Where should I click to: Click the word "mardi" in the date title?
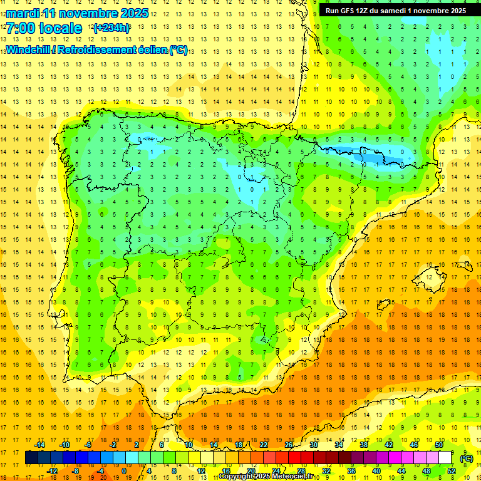pyautogui.click(x=22, y=13)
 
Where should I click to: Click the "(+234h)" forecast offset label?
pyautogui.click(x=111, y=28)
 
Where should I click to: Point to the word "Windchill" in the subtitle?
pyautogui.click(x=29, y=50)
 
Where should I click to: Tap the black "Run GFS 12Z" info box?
pyautogui.click(x=395, y=11)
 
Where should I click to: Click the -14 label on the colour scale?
pyautogui.click(x=41, y=445)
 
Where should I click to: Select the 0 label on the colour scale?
pyautogui.click(x=124, y=471)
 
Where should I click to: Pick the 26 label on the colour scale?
pyautogui.click(x=289, y=445)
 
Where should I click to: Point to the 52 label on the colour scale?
pyautogui.click(x=452, y=471)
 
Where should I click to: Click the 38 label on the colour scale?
pyautogui.click(x=363, y=445)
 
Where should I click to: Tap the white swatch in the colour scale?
pyautogui.click(x=445, y=458)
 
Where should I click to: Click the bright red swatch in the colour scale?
pyautogui.click(x=294, y=458)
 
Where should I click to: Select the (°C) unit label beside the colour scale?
pyautogui.click(x=467, y=458)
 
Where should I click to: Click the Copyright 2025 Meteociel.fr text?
pyautogui.click(x=266, y=477)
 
